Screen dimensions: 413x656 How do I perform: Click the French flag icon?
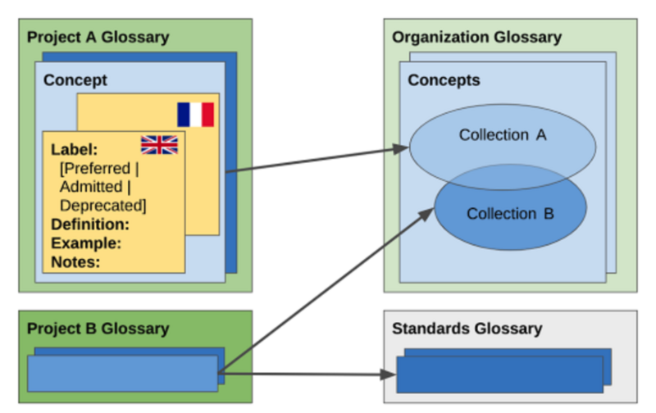pyautogui.click(x=195, y=115)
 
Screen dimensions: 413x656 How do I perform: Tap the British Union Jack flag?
pyautogui.click(x=159, y=145)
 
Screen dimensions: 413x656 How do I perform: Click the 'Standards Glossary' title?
pyautogui.click(x=467, y=329)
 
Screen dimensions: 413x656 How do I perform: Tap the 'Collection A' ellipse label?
pyautogui.click(x=502, y=135)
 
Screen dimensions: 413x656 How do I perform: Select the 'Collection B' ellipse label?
pyautogui.click(x=510, y=214)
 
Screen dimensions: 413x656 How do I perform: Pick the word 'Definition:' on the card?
pyautogui.click(x=90, y=225)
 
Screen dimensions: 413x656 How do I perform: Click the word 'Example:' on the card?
pyautogui.click(x=86, y=243)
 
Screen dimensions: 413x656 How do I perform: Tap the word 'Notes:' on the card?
pyautogui.click(x=75, y=262)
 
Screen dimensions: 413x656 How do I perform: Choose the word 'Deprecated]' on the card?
pyautogui.click(x=103, y=206)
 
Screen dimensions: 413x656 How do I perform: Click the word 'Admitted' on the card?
pyautogui.click(x=91, y=187)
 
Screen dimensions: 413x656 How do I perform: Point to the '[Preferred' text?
pyautogui.click(x=93, y=168)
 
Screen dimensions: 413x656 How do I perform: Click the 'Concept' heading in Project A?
pyautogui.click(x=75, y=80)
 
